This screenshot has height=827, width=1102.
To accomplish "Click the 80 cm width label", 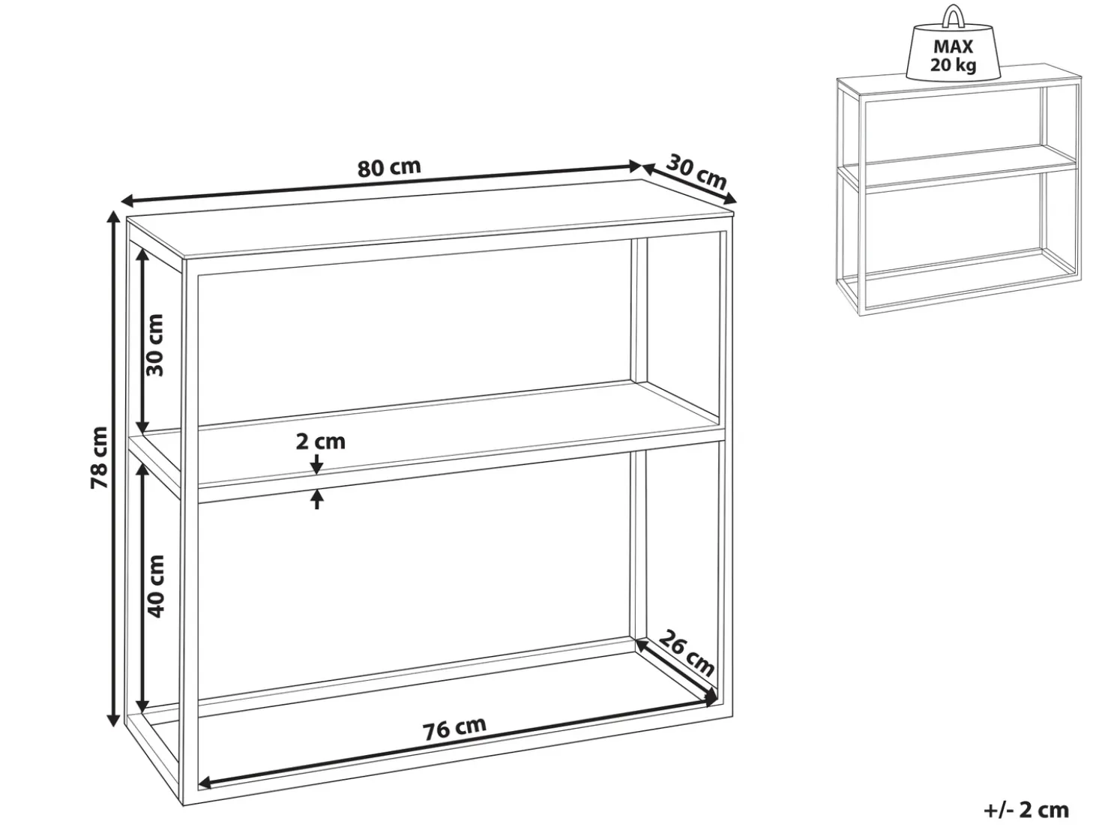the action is [389, 168].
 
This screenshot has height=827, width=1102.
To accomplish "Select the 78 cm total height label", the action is [99, 457].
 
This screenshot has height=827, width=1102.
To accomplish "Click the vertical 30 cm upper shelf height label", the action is [155, 345].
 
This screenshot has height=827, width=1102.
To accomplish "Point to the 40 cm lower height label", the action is [155, 586].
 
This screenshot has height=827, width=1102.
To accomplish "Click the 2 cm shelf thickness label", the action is [321, 442].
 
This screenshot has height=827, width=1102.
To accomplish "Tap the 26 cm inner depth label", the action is [686, 653].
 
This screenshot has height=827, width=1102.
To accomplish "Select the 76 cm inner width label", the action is [455, 727].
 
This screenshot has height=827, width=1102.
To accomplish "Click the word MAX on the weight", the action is [953, 46].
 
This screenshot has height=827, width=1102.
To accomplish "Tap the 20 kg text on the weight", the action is [953, 65].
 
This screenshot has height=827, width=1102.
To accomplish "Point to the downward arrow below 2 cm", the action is [316, 464].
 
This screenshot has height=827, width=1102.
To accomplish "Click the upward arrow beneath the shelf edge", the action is [317, 499].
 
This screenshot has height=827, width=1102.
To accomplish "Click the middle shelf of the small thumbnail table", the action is [959, 165].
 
